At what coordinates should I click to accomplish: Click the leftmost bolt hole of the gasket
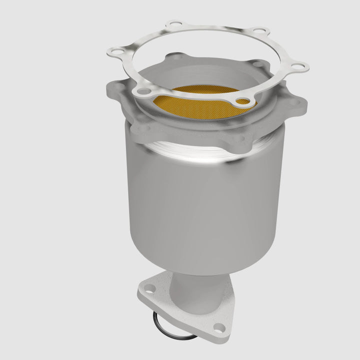(x=114, y=50)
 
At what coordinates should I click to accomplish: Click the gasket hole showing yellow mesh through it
(x=241, y=101)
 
